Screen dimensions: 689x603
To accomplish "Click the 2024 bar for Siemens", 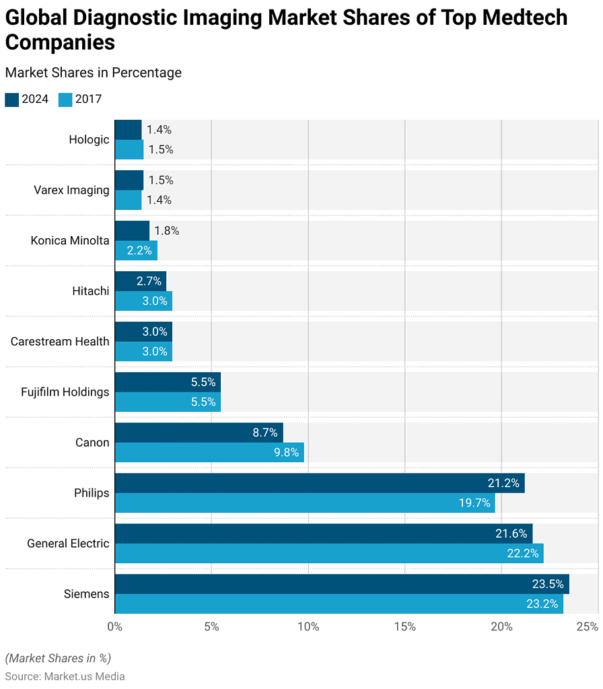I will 342,584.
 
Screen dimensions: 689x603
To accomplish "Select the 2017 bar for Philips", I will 305,503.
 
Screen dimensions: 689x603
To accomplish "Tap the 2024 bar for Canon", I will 199,433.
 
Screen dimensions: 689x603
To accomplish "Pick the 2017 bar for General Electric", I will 329,553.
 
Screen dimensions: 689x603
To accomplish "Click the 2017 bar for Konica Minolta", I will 136,250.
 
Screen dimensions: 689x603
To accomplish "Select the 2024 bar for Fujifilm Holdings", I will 168,382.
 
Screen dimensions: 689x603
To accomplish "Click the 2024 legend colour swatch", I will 12,100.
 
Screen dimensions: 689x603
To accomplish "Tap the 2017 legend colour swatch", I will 65,100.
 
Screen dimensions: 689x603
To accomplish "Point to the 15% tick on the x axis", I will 405,626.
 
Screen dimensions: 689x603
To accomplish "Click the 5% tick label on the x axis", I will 211,626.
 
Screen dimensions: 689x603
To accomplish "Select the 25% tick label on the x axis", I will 588,626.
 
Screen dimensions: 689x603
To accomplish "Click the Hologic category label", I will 89,140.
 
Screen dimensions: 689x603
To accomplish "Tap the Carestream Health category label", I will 60,342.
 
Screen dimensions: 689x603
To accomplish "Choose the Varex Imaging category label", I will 71,190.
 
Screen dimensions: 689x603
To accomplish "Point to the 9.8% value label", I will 286,452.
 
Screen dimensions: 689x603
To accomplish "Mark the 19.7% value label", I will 474,503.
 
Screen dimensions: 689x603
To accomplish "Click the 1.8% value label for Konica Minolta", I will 166,231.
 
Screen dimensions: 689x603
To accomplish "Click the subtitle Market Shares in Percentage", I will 94,73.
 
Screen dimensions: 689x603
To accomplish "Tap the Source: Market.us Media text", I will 65,676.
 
